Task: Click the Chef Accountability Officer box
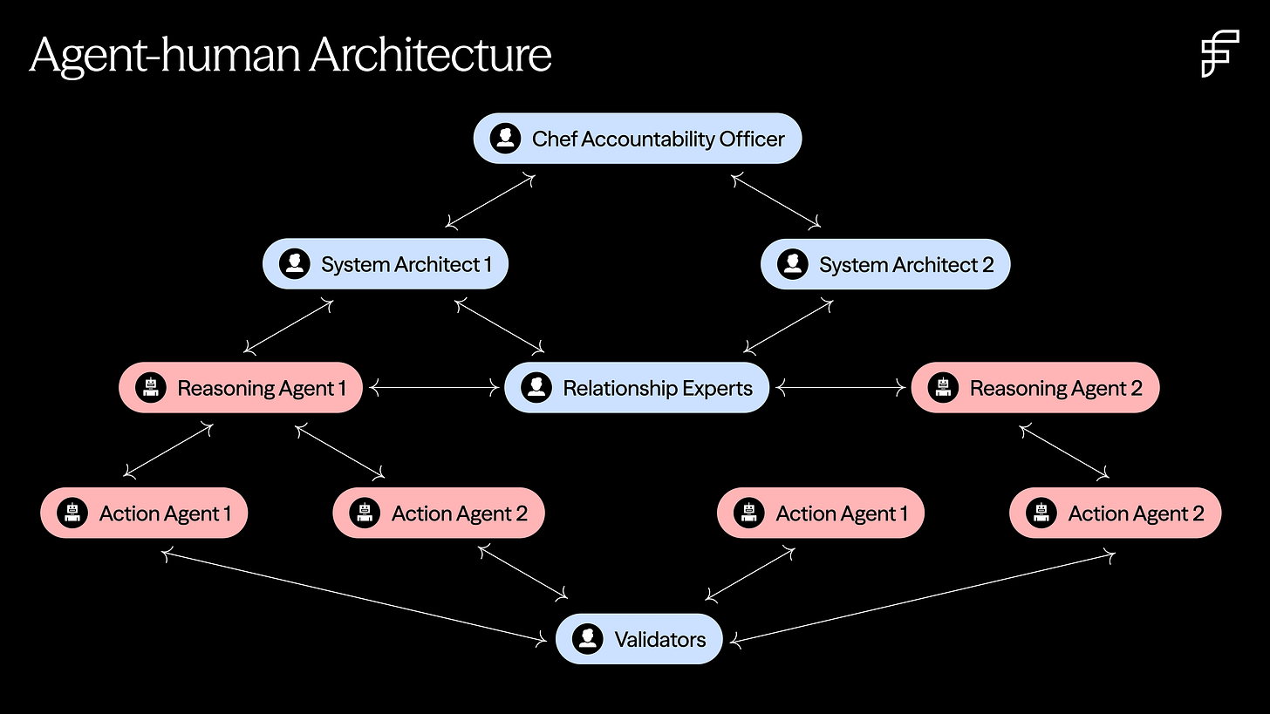tap(637, 139)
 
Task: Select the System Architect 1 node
tap(385, 264)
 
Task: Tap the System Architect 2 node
tap(885, 264)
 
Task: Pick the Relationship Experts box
tap(637, 388)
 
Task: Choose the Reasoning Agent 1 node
tap(240, 388)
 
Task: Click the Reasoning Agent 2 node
tap(1034, 388)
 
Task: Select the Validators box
tap(638, 639)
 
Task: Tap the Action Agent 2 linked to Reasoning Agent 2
tap(1115, 513)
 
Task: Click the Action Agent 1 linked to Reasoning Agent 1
tap(144, 513)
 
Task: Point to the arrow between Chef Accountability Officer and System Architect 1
tap(489, 201)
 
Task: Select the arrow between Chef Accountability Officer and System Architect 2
tap(776, 201)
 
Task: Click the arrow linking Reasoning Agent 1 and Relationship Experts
tap(434, 388)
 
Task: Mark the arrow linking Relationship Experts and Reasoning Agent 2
tap(840, 388)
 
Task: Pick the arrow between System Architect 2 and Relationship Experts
tap(788, 327)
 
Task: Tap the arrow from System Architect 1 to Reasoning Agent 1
tap(289, 327)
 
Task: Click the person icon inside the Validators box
tap(588, 639)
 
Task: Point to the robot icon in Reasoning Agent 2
tap(942, 388)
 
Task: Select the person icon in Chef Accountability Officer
tap(505, 139)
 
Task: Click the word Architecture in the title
tap(430, 55)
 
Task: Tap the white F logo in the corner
tap(1219, 53)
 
